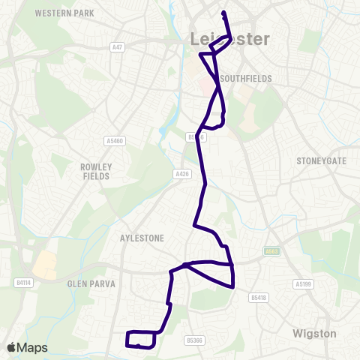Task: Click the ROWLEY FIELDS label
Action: coord(96,171)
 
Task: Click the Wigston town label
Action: coord(314,332)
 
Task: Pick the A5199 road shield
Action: coord(302,284)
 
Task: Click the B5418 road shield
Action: coord(259,298)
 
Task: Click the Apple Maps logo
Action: coord(27,347)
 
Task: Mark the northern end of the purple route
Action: coord(223,12)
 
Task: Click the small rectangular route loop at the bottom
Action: coord(141,339)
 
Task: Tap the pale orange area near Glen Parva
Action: coord(44,263)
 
